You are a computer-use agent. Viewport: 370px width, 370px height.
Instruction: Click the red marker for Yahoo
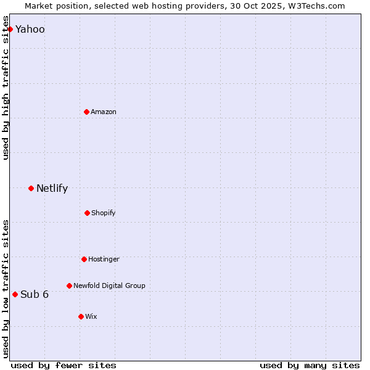click(10, 29)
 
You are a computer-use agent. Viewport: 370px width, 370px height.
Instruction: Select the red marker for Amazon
click(86, 112)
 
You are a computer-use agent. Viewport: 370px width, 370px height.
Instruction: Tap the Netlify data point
click(31, 188)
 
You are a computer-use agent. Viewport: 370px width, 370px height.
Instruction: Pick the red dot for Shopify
click(87, 213)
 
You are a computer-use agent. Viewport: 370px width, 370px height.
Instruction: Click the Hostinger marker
click(84, 259)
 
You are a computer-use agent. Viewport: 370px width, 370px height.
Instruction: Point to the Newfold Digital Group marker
click(69, 286)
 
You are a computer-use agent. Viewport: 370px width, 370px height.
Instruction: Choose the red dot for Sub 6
click(15, 294)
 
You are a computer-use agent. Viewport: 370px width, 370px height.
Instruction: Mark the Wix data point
click(81, 316)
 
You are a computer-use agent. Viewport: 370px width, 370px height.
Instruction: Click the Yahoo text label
click(30, 29)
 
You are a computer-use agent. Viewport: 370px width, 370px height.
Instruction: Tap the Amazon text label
click(104, 112)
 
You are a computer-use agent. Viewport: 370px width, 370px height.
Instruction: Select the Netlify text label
click(52, 188)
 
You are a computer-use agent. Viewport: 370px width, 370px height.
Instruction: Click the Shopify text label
click(104, 213)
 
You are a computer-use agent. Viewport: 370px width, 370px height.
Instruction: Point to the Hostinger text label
click(104, 259)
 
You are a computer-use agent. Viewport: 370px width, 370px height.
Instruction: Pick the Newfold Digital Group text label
click(109, 286)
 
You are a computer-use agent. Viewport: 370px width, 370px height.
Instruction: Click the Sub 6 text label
click(35, 294)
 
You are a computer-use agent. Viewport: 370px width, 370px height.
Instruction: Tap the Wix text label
click(91, 316)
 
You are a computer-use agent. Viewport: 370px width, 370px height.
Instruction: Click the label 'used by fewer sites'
click(64, 365)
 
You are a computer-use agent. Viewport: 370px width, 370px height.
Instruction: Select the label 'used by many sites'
click(310, 365)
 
